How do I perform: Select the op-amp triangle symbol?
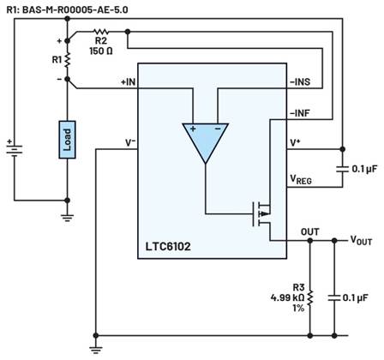click(204, 142)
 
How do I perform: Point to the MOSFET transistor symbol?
click(261, 210)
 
